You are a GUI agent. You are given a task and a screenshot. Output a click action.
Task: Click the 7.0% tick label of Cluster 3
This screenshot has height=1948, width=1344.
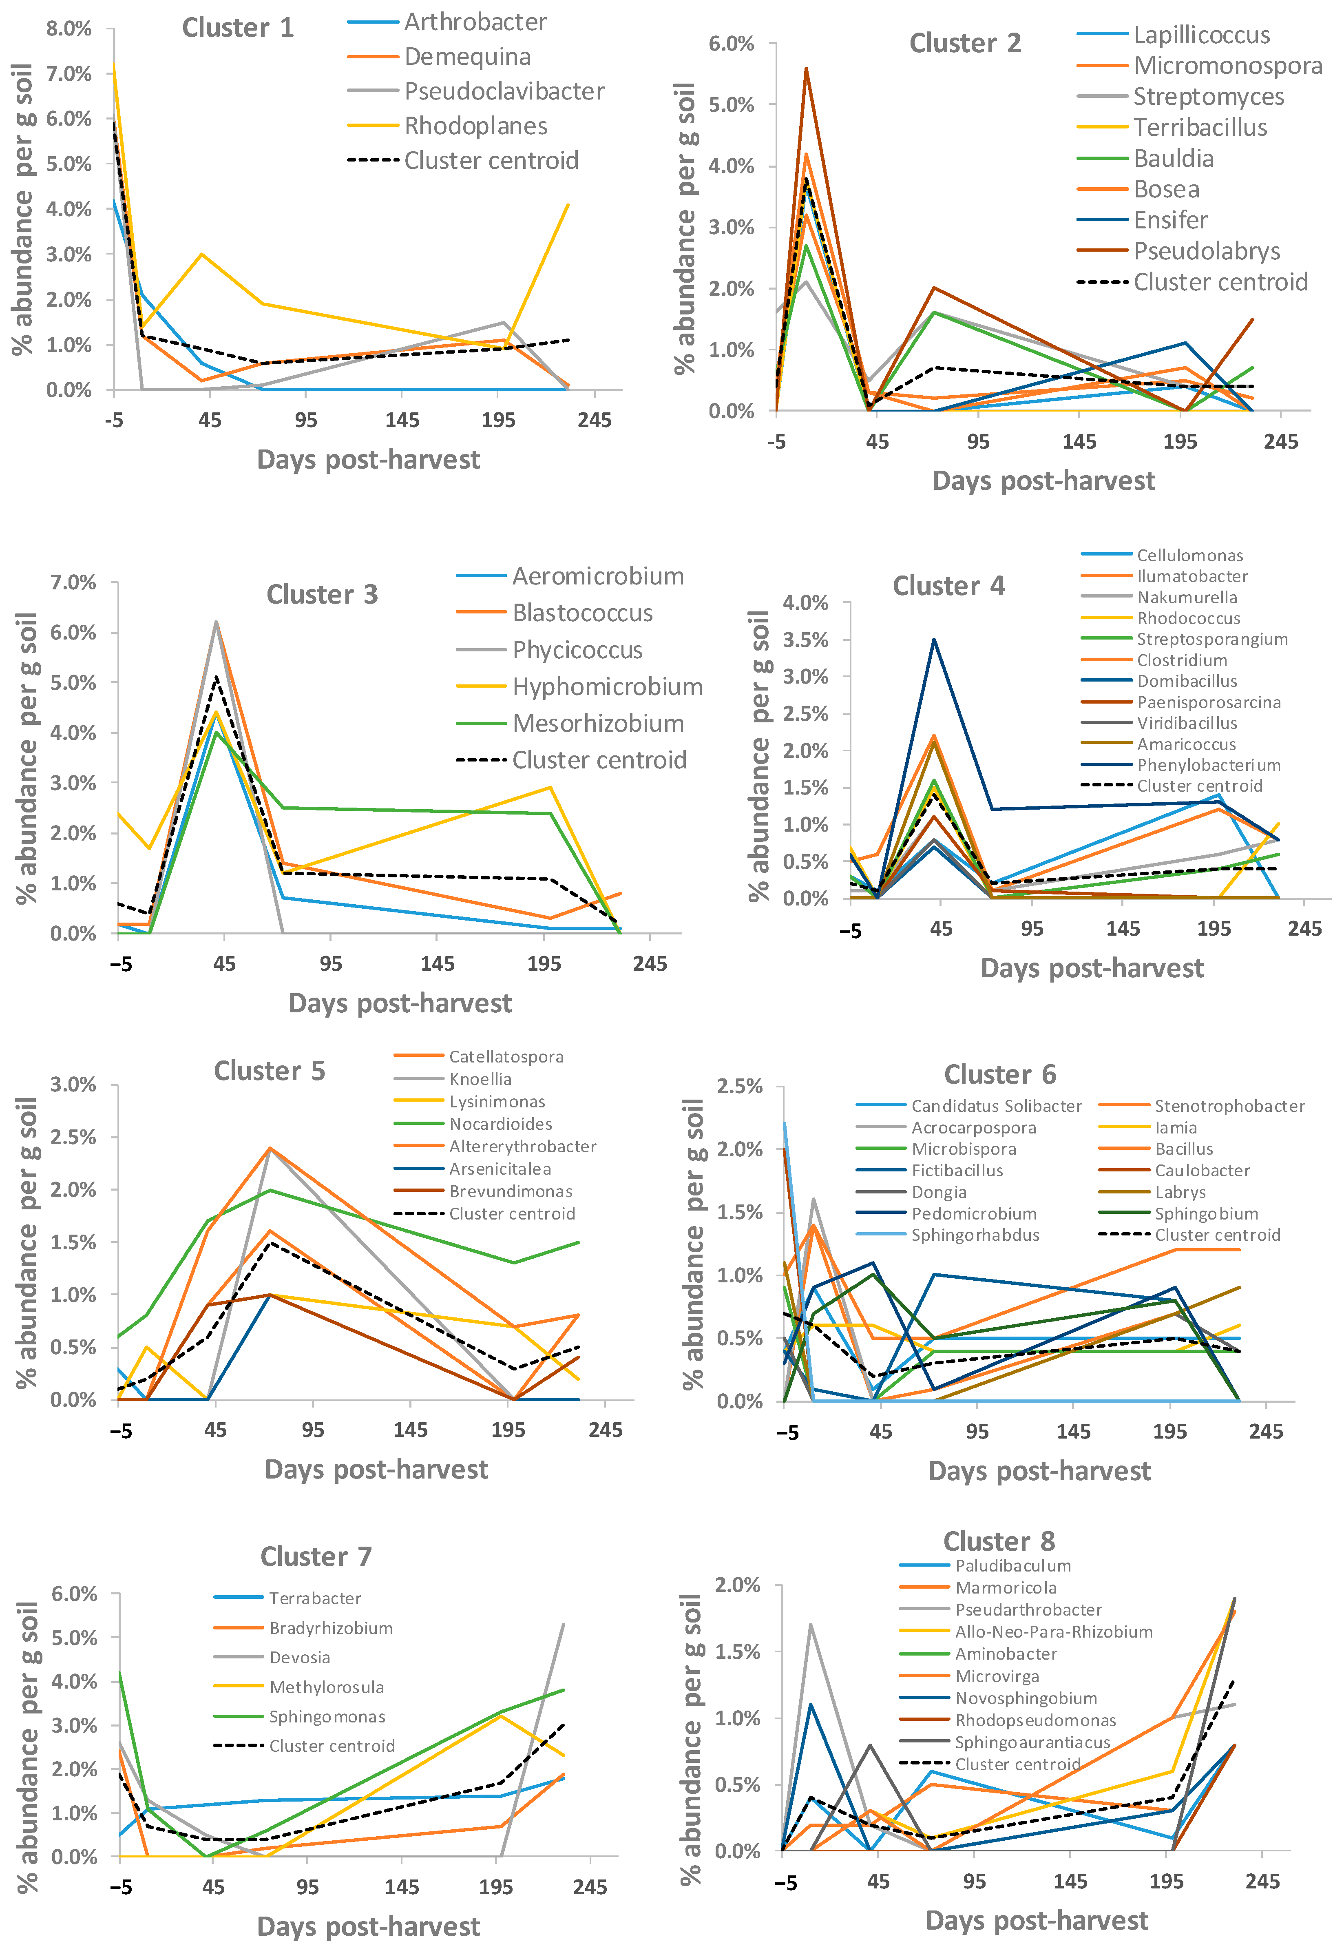[x=73, y=582]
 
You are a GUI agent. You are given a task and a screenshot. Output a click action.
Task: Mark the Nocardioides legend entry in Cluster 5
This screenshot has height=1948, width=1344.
[x=500, y=1124]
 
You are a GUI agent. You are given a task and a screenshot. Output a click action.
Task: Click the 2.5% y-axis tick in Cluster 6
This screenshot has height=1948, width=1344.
[x=739, y=1087]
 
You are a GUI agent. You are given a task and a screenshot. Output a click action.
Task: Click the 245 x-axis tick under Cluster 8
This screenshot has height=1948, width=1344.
[x=1262, y=1882]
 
